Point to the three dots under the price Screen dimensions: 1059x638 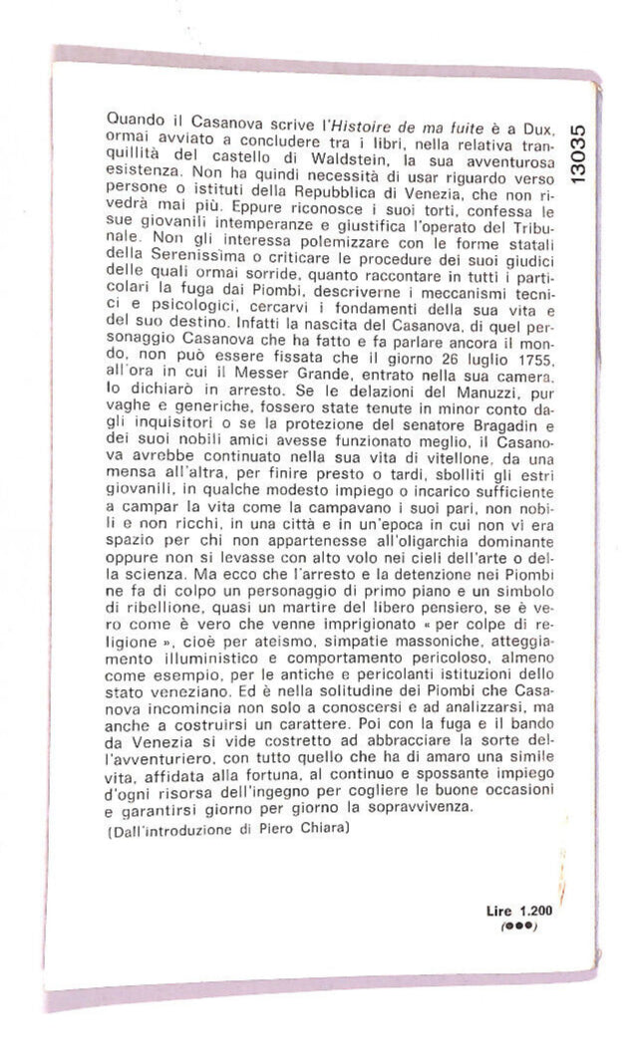click(519, 927)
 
